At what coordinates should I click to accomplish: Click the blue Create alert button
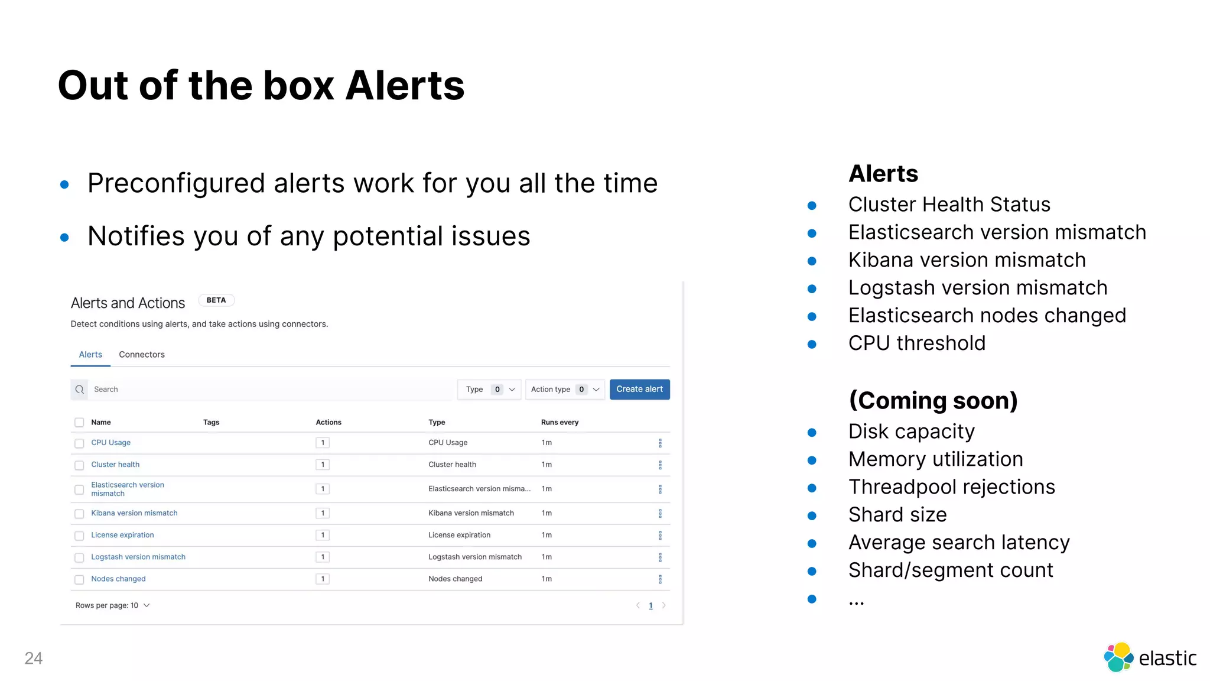[x=639, y=389]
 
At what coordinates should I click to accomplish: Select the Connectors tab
[x=142, y=355]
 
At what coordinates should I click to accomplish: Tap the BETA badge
[x=216, y=300]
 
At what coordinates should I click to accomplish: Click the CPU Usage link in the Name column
[x=110, y=443]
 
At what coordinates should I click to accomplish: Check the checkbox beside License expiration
[x=79, y=536]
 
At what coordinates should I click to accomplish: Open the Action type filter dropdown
[x=564, y=390]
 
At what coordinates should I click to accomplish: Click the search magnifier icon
[x=80, y=390]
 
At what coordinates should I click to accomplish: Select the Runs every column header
[x=560, y=422]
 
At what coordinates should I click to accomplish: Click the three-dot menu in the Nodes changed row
[x=660, y=579]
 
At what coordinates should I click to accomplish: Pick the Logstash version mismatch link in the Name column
[x=138, y=557]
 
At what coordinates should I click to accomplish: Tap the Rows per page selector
[x=112, y=605]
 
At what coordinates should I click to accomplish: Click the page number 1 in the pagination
[x=650, y=605]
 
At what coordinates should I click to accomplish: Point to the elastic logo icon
[x=1118, y=657]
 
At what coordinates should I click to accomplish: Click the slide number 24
[x=34, y=658]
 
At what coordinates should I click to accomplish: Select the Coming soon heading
[x=933, y=401]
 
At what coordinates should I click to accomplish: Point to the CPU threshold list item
[x=916, y=343]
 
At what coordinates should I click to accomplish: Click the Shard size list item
[x=897, y=515]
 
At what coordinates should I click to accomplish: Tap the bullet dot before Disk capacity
[x=812, y=433]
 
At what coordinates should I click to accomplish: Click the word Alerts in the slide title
[x=405, y=86]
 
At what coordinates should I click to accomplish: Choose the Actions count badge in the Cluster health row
[x=323, y=465]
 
